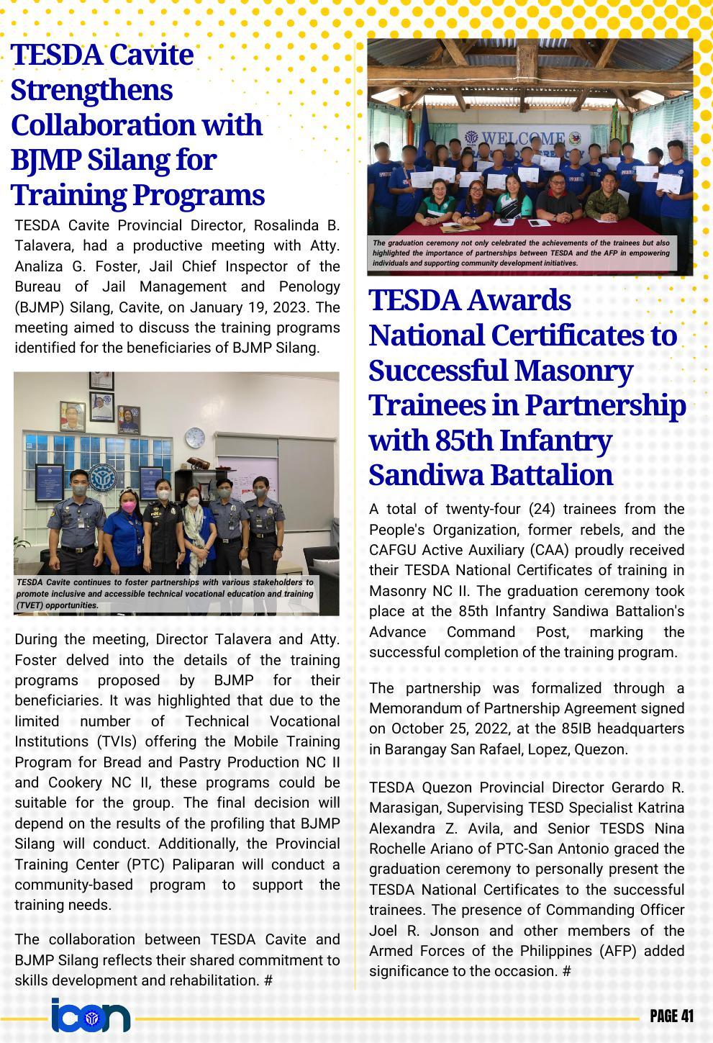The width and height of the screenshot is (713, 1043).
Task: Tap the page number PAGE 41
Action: point(672,1016)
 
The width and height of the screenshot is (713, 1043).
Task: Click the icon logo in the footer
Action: point(91,1016)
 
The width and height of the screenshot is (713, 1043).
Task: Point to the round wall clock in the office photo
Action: point(195,435)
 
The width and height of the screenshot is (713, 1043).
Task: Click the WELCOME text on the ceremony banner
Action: point(523,138)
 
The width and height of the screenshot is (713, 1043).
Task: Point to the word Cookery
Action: point(75,782)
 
